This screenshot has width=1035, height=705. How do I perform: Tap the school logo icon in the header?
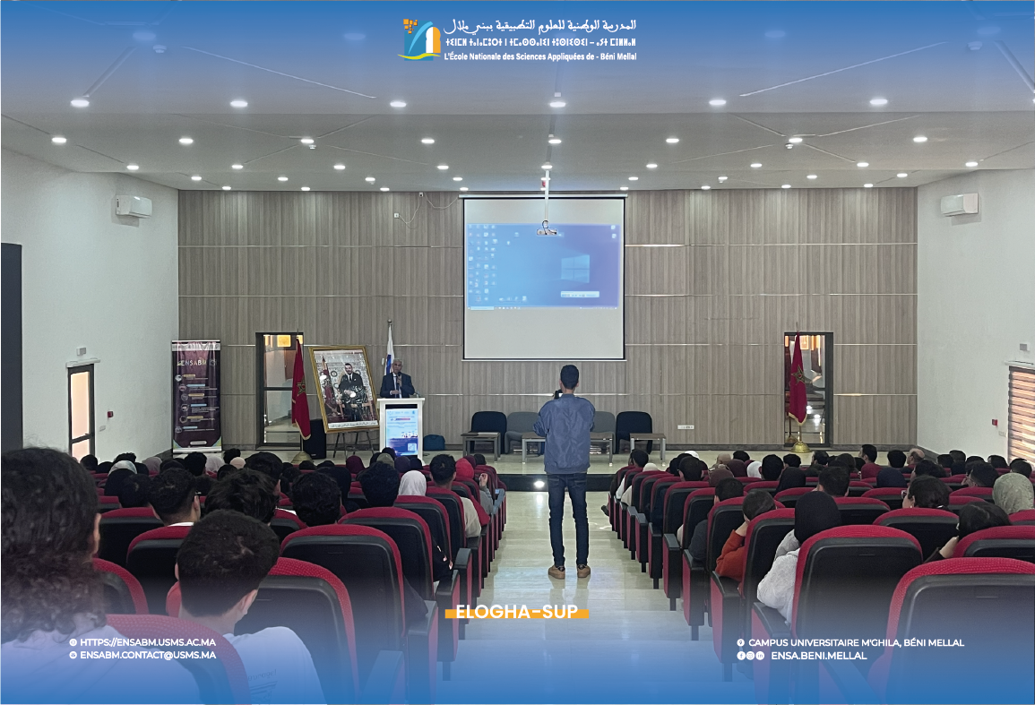point(420,39)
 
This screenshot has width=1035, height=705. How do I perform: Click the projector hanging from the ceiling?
point(546,229)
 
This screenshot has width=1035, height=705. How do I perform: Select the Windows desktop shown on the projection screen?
point(543,267)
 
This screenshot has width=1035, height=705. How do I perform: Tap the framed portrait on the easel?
point(343,389)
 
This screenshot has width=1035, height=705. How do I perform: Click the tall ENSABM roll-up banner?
point(195,393)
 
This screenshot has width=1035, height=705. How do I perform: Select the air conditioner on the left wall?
point(134,206)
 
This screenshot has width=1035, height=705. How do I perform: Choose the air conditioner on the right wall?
point(959,204)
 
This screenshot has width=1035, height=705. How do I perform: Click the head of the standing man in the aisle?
point(569,377)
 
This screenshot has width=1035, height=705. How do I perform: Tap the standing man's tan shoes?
point(570,571)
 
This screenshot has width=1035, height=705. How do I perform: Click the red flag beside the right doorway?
point(797,381)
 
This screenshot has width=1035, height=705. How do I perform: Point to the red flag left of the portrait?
point(300,390)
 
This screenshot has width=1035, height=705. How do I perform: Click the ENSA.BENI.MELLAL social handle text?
point(818,656)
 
